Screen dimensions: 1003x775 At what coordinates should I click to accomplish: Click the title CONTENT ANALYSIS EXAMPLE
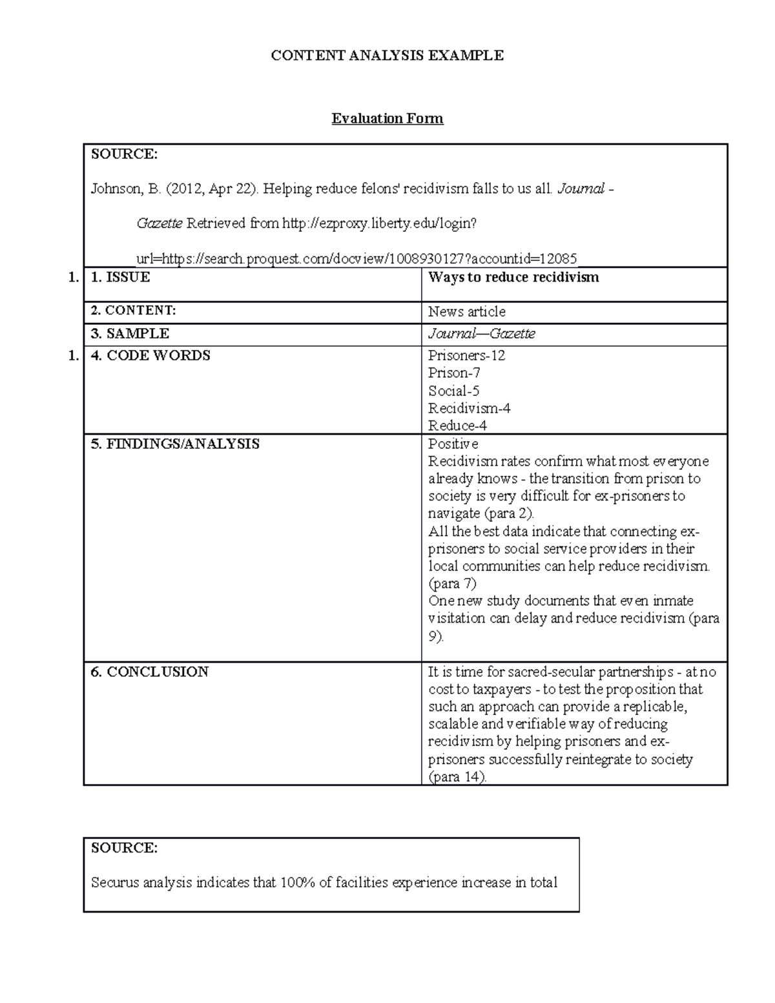387,56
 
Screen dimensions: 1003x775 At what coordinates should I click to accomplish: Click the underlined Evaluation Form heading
387,118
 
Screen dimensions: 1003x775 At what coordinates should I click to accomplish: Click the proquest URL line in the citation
356,259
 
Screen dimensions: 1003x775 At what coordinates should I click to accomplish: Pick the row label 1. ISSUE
120,277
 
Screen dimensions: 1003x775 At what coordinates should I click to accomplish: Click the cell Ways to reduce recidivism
513,277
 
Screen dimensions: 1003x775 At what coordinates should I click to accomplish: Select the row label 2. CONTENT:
133,311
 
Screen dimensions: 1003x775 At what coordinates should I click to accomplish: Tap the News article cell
466,311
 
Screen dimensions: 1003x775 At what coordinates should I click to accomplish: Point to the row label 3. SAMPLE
130,333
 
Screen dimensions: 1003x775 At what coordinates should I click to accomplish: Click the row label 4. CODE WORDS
150,355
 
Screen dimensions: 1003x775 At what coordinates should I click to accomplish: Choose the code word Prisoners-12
466,355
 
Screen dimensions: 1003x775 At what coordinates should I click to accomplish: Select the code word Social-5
453,391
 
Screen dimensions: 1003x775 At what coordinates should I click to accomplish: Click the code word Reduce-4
457,426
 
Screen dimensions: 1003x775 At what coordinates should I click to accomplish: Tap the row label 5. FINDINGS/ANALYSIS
175,444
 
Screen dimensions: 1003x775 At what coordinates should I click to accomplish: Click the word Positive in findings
453,444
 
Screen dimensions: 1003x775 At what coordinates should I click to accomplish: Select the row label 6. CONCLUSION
149,672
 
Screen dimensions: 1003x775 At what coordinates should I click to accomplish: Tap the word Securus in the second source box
115,882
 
